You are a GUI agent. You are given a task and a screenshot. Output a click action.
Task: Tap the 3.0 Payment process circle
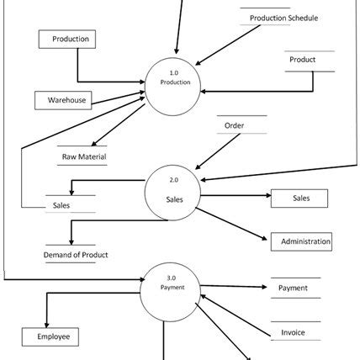(x=171, y=289)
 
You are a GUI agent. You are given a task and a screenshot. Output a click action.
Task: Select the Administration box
(x=301, y=242)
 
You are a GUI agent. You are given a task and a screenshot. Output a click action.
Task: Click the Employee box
(x=50, y=337)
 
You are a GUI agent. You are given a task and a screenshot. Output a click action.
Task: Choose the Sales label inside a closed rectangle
(x=299, y=199)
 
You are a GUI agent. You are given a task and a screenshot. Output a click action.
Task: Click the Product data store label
(x=303, y=61)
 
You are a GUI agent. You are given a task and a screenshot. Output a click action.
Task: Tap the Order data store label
(x=235, y=126)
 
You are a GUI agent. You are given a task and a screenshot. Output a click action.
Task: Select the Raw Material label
(x=84, y=156)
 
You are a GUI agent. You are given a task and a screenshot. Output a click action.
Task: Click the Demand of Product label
(x=76, y=254)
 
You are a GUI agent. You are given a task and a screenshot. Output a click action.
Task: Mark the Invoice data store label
(x=293, y=333)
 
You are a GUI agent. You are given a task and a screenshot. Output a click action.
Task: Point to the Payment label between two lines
(x=293, y=289)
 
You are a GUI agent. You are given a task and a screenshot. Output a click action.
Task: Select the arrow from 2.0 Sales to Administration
(x=233, y=223)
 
